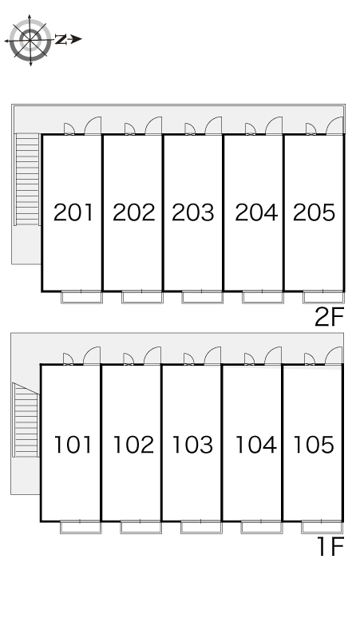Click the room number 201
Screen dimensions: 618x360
click(x=73, y=212)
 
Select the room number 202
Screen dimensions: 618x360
click(x=133, y=212)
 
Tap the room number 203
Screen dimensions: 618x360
click(x=193, y=212)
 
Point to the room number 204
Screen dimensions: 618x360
click(x=255, y=212)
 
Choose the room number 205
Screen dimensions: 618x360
click(x=314, y=212)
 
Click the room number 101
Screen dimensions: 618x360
click(x=73, y=444)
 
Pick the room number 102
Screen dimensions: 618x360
click(x=133, y=444)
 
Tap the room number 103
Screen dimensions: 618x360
click(x=193, y=444)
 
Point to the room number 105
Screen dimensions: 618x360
click(x=314, y=444)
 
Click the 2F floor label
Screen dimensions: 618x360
click(x=328, y=318)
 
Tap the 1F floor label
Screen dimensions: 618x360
click(x=328, y=548)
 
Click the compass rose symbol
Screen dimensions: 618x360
click(x=30, y=39)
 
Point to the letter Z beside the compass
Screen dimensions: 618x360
click(x=61, y=38)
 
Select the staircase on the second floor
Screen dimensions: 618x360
click(x=27, y=180)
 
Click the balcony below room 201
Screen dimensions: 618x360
click(x=82, y=298)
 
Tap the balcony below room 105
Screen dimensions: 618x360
click(x=322, y=527)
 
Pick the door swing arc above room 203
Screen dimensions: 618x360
click(x=213, y=125)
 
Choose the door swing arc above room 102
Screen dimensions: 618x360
click(x=151, y=355)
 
